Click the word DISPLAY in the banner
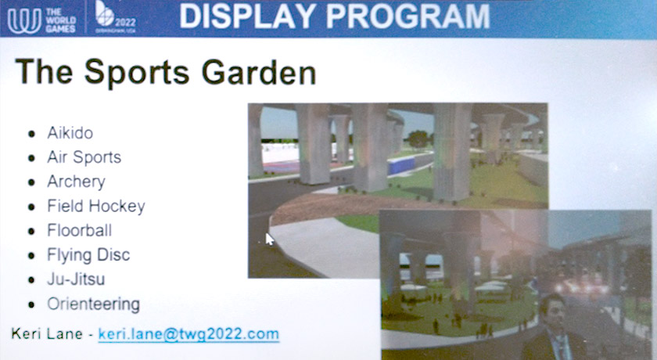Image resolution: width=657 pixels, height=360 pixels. click(248, 16)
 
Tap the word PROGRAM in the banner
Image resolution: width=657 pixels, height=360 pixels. click(408, 16)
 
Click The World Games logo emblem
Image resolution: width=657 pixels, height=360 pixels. click(24, 20)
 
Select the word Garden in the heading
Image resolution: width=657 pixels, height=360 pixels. click(259, 73)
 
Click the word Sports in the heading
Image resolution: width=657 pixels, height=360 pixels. click(137, 73)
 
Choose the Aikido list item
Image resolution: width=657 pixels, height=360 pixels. click(70, 133)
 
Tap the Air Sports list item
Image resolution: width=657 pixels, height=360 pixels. click(84, 157)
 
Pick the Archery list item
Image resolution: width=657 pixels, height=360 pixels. click(76, 182)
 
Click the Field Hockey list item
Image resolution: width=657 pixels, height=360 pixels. click(96, 206)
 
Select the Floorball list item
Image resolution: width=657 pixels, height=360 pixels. click(79, 230)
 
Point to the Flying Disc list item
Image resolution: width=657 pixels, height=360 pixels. click(88, 255)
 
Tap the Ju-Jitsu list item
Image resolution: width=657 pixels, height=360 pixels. click(76, 279)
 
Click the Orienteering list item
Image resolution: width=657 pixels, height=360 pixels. click(93, 304)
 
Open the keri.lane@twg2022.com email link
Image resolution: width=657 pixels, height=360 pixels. click(188, 334)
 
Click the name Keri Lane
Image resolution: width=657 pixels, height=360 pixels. click(47, 333)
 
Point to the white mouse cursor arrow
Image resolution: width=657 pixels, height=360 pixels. click(269, 239)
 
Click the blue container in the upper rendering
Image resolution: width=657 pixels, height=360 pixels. click(401, 165)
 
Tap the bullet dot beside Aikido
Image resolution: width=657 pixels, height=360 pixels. click(31, 134)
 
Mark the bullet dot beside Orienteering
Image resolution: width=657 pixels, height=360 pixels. click(31, 304)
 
